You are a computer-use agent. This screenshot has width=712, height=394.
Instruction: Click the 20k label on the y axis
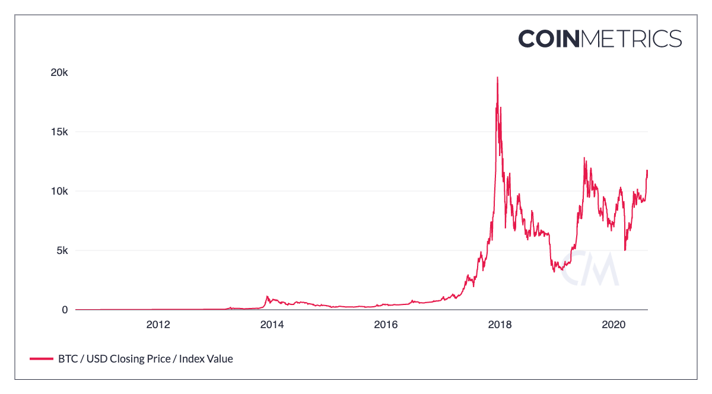pos(59,72)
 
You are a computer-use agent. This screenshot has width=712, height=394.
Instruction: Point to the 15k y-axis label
pos(59,132)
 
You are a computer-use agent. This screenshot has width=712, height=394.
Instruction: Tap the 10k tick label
pos(59,191)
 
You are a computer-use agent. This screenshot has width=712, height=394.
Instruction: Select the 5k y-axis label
pos(62,250)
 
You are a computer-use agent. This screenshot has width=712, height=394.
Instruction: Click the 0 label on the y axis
pos(65,310)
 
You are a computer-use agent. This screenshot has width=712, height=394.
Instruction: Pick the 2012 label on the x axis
pos(158,325)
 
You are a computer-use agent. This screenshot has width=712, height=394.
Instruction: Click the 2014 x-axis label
pos(272,325)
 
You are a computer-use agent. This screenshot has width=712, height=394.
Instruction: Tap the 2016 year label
pos(386,325)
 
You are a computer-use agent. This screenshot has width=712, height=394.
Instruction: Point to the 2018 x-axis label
pos(500,325)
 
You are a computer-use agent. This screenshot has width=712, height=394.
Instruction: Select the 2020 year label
pos(614,325)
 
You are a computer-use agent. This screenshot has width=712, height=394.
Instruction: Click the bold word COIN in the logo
pos(549,39)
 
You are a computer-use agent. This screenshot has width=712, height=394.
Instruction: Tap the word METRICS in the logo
pos(631,39)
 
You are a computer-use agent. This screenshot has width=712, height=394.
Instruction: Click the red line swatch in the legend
pos(42,359)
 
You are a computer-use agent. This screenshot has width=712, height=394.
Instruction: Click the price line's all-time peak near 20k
pos(497,77)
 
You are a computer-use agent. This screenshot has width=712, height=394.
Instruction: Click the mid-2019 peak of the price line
pos(584,158)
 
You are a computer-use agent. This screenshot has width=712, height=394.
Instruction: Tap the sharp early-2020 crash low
pos(625,250)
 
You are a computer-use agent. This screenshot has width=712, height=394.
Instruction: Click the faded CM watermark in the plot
pos(590,268)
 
